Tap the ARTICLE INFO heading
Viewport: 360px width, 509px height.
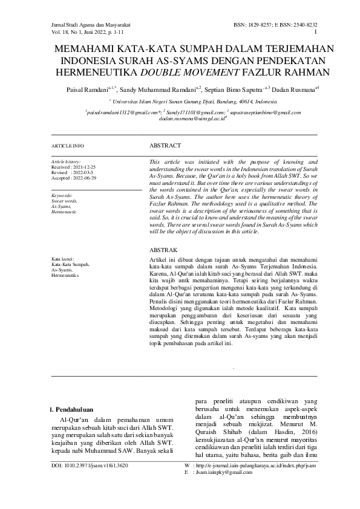tap(67, 146)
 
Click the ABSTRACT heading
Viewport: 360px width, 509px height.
tap(165, 146)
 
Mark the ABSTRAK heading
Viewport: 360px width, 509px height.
tap(163, 250)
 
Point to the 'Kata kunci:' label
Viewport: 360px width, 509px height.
tap(62, 259)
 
